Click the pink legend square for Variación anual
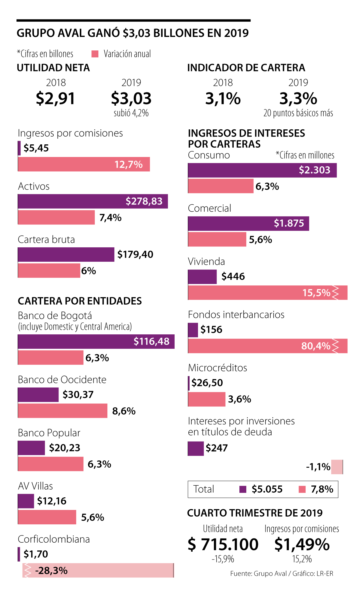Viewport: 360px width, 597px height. tap(95, 54)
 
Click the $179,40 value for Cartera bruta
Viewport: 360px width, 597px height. tap(135, 255)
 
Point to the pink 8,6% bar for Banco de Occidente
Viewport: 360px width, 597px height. tap(62, 411)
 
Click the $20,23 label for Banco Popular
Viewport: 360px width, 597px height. tap(64, 448)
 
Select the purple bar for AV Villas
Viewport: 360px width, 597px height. tap(26, 501)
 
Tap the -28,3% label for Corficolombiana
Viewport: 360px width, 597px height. tap(51, 571)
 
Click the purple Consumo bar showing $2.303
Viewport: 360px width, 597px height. tap(262, 170)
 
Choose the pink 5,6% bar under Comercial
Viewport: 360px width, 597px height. tap(217, 240)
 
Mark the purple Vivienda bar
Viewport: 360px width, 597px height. tap(202, 277)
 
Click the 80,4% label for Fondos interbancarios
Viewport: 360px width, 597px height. tap(316, 346)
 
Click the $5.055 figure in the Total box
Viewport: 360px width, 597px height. tap(267, 489)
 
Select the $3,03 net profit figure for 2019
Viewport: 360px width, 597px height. tap(131, 98)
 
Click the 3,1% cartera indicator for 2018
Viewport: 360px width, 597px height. tap(223, 98)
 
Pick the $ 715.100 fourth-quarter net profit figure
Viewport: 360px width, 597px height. tap(223, 544)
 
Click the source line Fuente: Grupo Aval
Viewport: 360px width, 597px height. tap(281, 574)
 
